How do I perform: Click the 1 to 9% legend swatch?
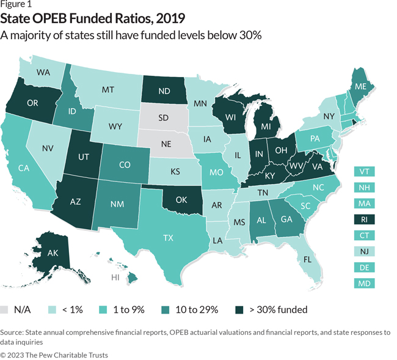103,310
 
